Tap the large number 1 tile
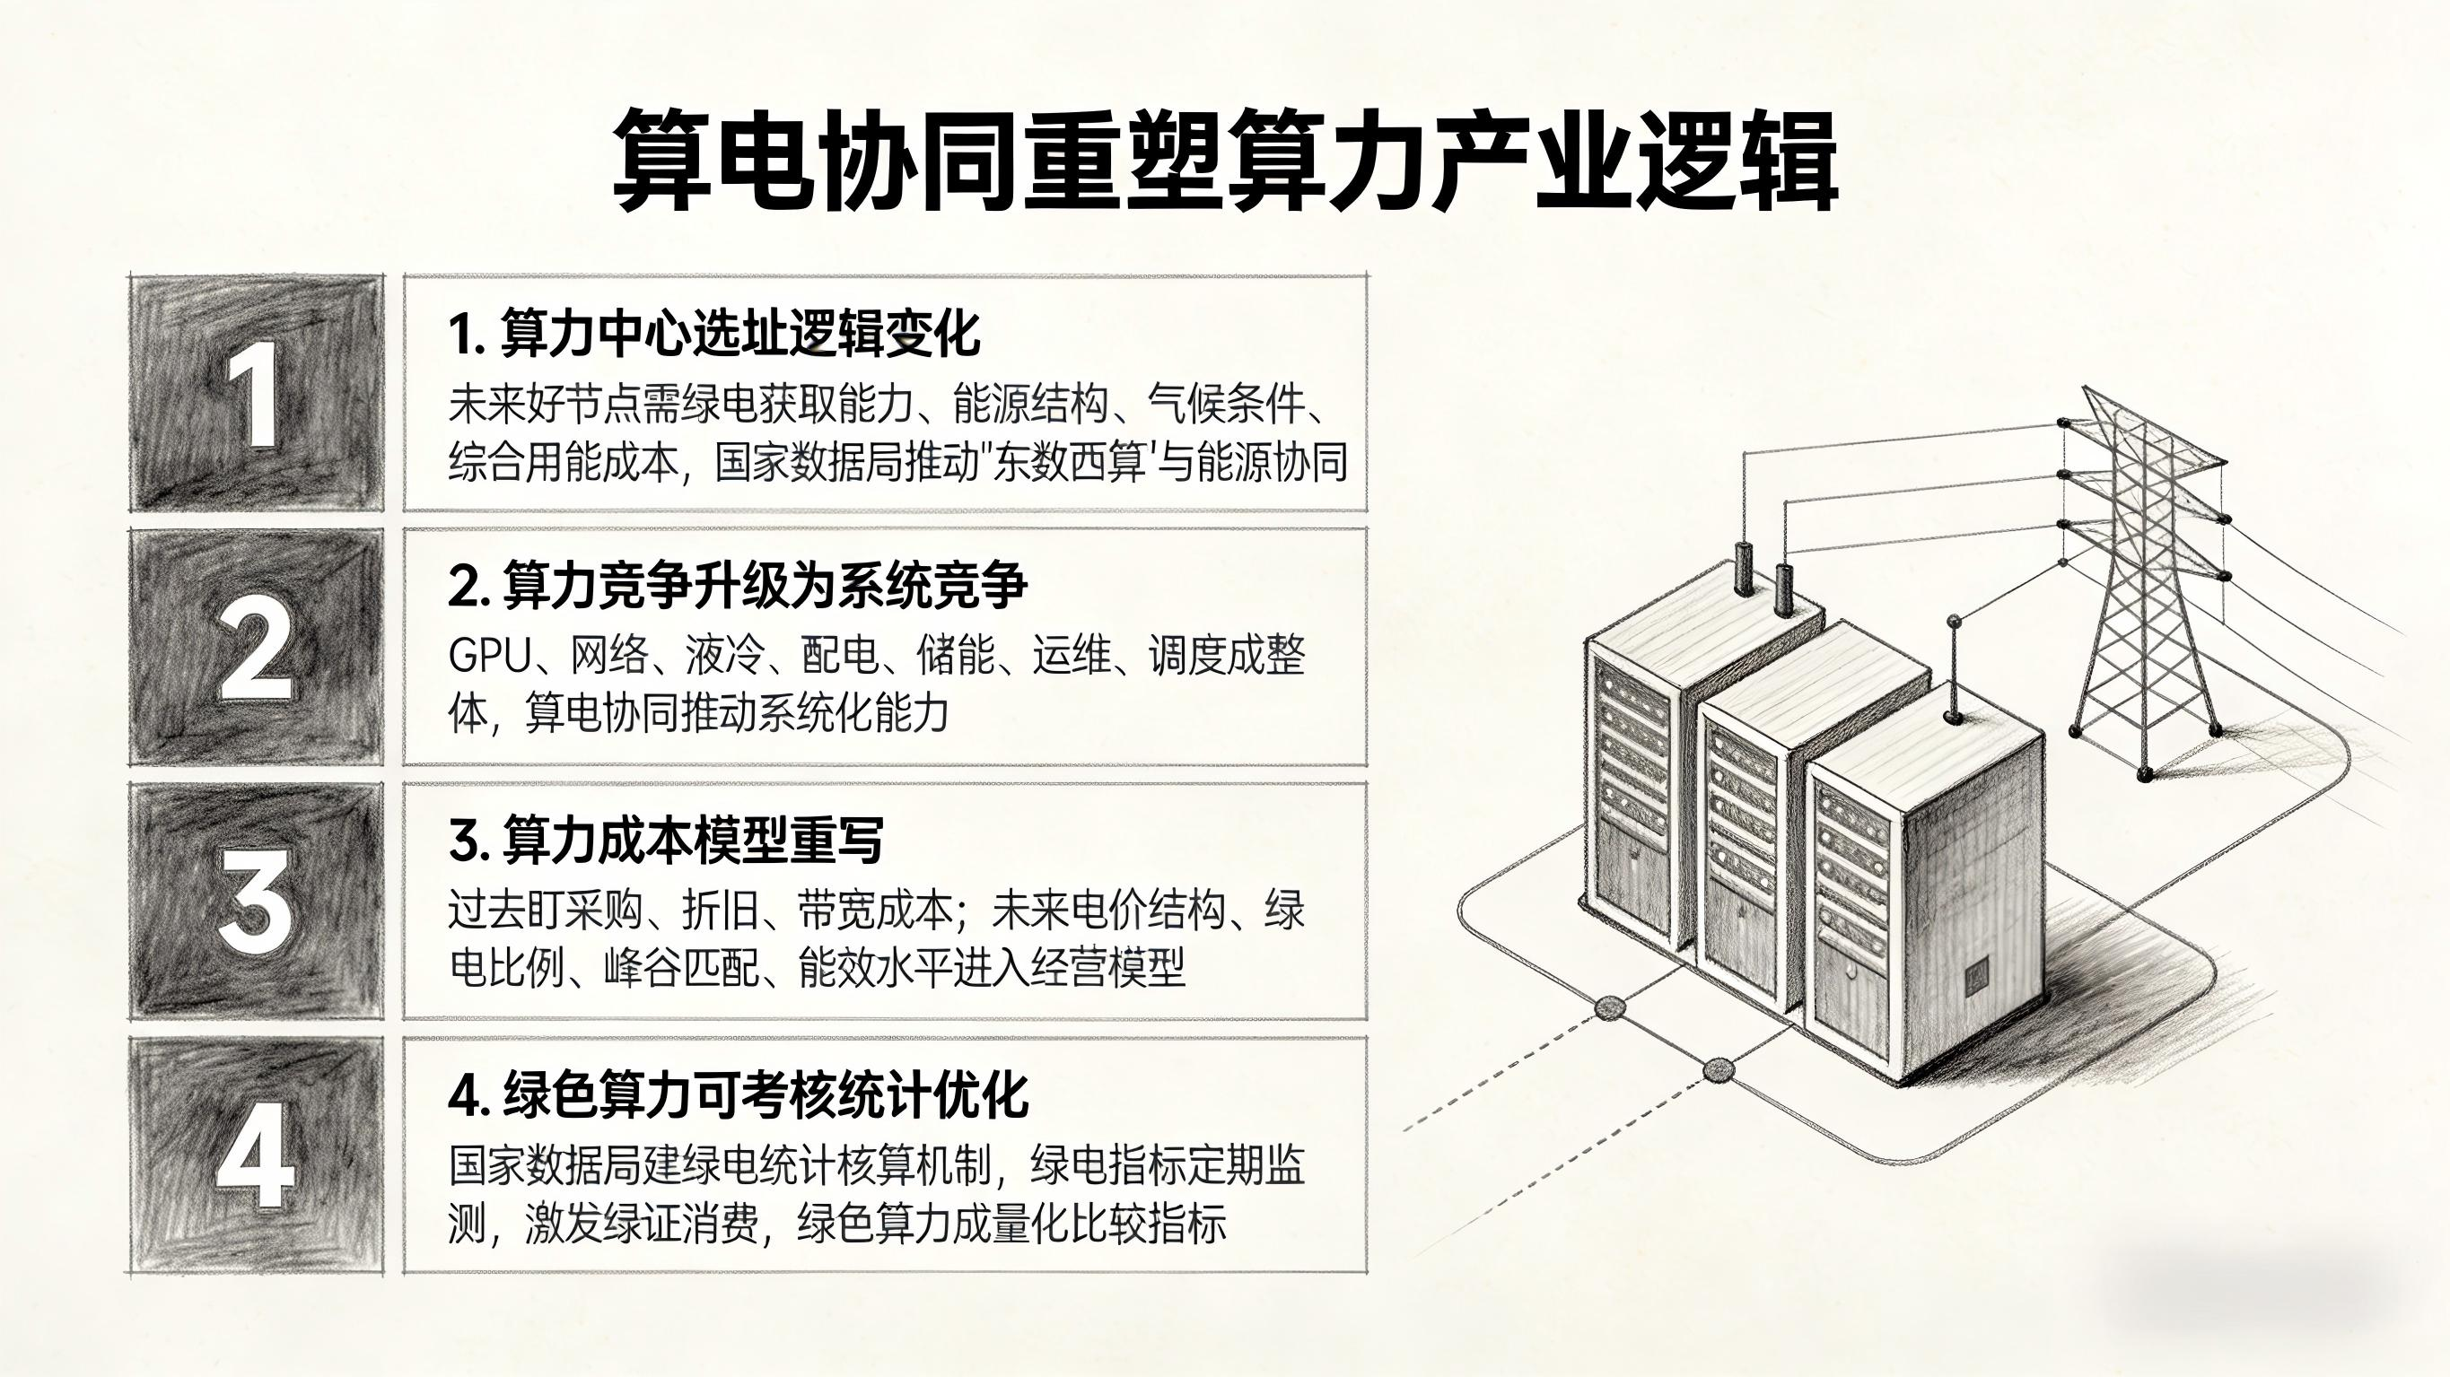[256, 394]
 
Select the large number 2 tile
[256, 648]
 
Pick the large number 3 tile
[256, 901]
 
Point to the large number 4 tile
[256, 1155]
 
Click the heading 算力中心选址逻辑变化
[713, 334]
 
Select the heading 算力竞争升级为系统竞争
[737, 586]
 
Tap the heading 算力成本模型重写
[666, 841]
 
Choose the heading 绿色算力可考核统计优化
[737, 1094]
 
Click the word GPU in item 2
[490, 655]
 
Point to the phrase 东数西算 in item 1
[1070, 463]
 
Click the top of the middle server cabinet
[1812, 675]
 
